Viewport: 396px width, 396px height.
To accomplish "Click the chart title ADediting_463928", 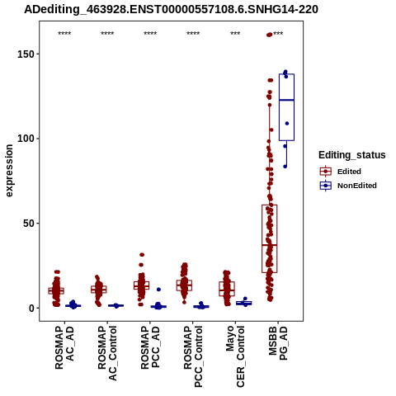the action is click(x=171, y=10).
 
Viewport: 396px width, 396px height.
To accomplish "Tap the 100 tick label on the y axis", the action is click(x=26, y=139).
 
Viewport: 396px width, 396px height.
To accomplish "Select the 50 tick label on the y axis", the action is click(x=29, y=224).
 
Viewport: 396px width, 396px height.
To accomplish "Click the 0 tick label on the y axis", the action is click(x=31, y=309).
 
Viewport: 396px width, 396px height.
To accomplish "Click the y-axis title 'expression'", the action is click(x=9, y=171).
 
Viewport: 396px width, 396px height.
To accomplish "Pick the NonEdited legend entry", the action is click(x=348, y=186).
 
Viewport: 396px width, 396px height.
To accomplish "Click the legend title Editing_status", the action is click(x=352, y=155).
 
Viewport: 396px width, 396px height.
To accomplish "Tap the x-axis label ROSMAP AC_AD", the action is click(x=64, y=347).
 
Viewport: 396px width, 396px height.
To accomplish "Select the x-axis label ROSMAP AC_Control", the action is click(x=107, y=353).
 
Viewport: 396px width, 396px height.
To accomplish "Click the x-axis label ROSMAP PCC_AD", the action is click(x=150, y=347).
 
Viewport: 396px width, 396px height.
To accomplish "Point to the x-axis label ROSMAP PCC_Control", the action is click(x=193, y=356).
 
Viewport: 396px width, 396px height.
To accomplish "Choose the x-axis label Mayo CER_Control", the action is click(x=235, y=356).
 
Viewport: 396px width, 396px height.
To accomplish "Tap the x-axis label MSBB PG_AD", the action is click(x=278, y=343).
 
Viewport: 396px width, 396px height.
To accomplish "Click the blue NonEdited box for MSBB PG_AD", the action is click(x=286, y=107).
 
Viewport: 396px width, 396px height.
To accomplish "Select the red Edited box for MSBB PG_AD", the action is click(x=270, y=238).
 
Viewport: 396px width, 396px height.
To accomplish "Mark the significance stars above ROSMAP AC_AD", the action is click(x=64, y=34).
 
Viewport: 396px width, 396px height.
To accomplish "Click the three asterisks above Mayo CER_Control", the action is click(x=235, y=34).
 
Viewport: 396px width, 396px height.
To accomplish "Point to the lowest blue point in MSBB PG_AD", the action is click(x=285, y=167).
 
